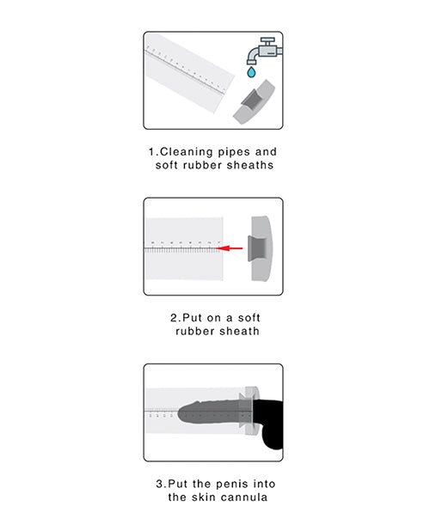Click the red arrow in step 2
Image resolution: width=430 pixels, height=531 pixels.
click(x=229, y=248)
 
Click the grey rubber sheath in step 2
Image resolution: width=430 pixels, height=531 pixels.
click(x=258, y=248)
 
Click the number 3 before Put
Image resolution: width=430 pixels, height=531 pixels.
click(x=161, y=483)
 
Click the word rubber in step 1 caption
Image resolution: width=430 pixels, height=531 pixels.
click(x=205, y=165)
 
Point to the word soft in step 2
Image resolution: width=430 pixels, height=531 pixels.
click(x=245, y=316)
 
